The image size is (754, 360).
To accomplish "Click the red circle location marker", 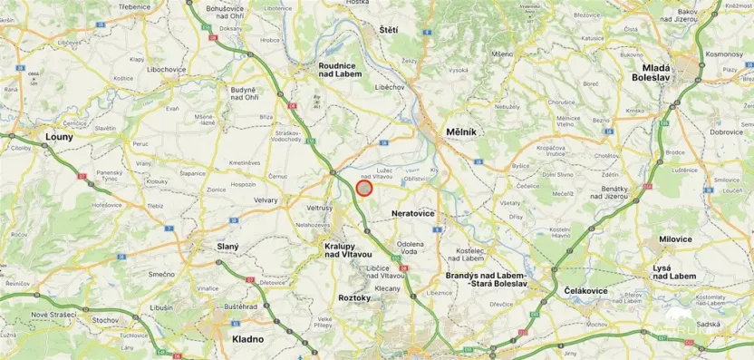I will [364, 188].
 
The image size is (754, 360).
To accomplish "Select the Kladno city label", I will [247, 338].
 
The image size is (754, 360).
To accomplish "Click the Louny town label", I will [59, 137].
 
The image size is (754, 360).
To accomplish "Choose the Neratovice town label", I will [412, 213].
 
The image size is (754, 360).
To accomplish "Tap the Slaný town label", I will [227, 246].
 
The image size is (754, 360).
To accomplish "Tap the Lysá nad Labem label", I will [674, 272].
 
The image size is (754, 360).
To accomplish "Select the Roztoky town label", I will [354, 297].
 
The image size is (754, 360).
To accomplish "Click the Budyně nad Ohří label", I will [243, 93].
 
